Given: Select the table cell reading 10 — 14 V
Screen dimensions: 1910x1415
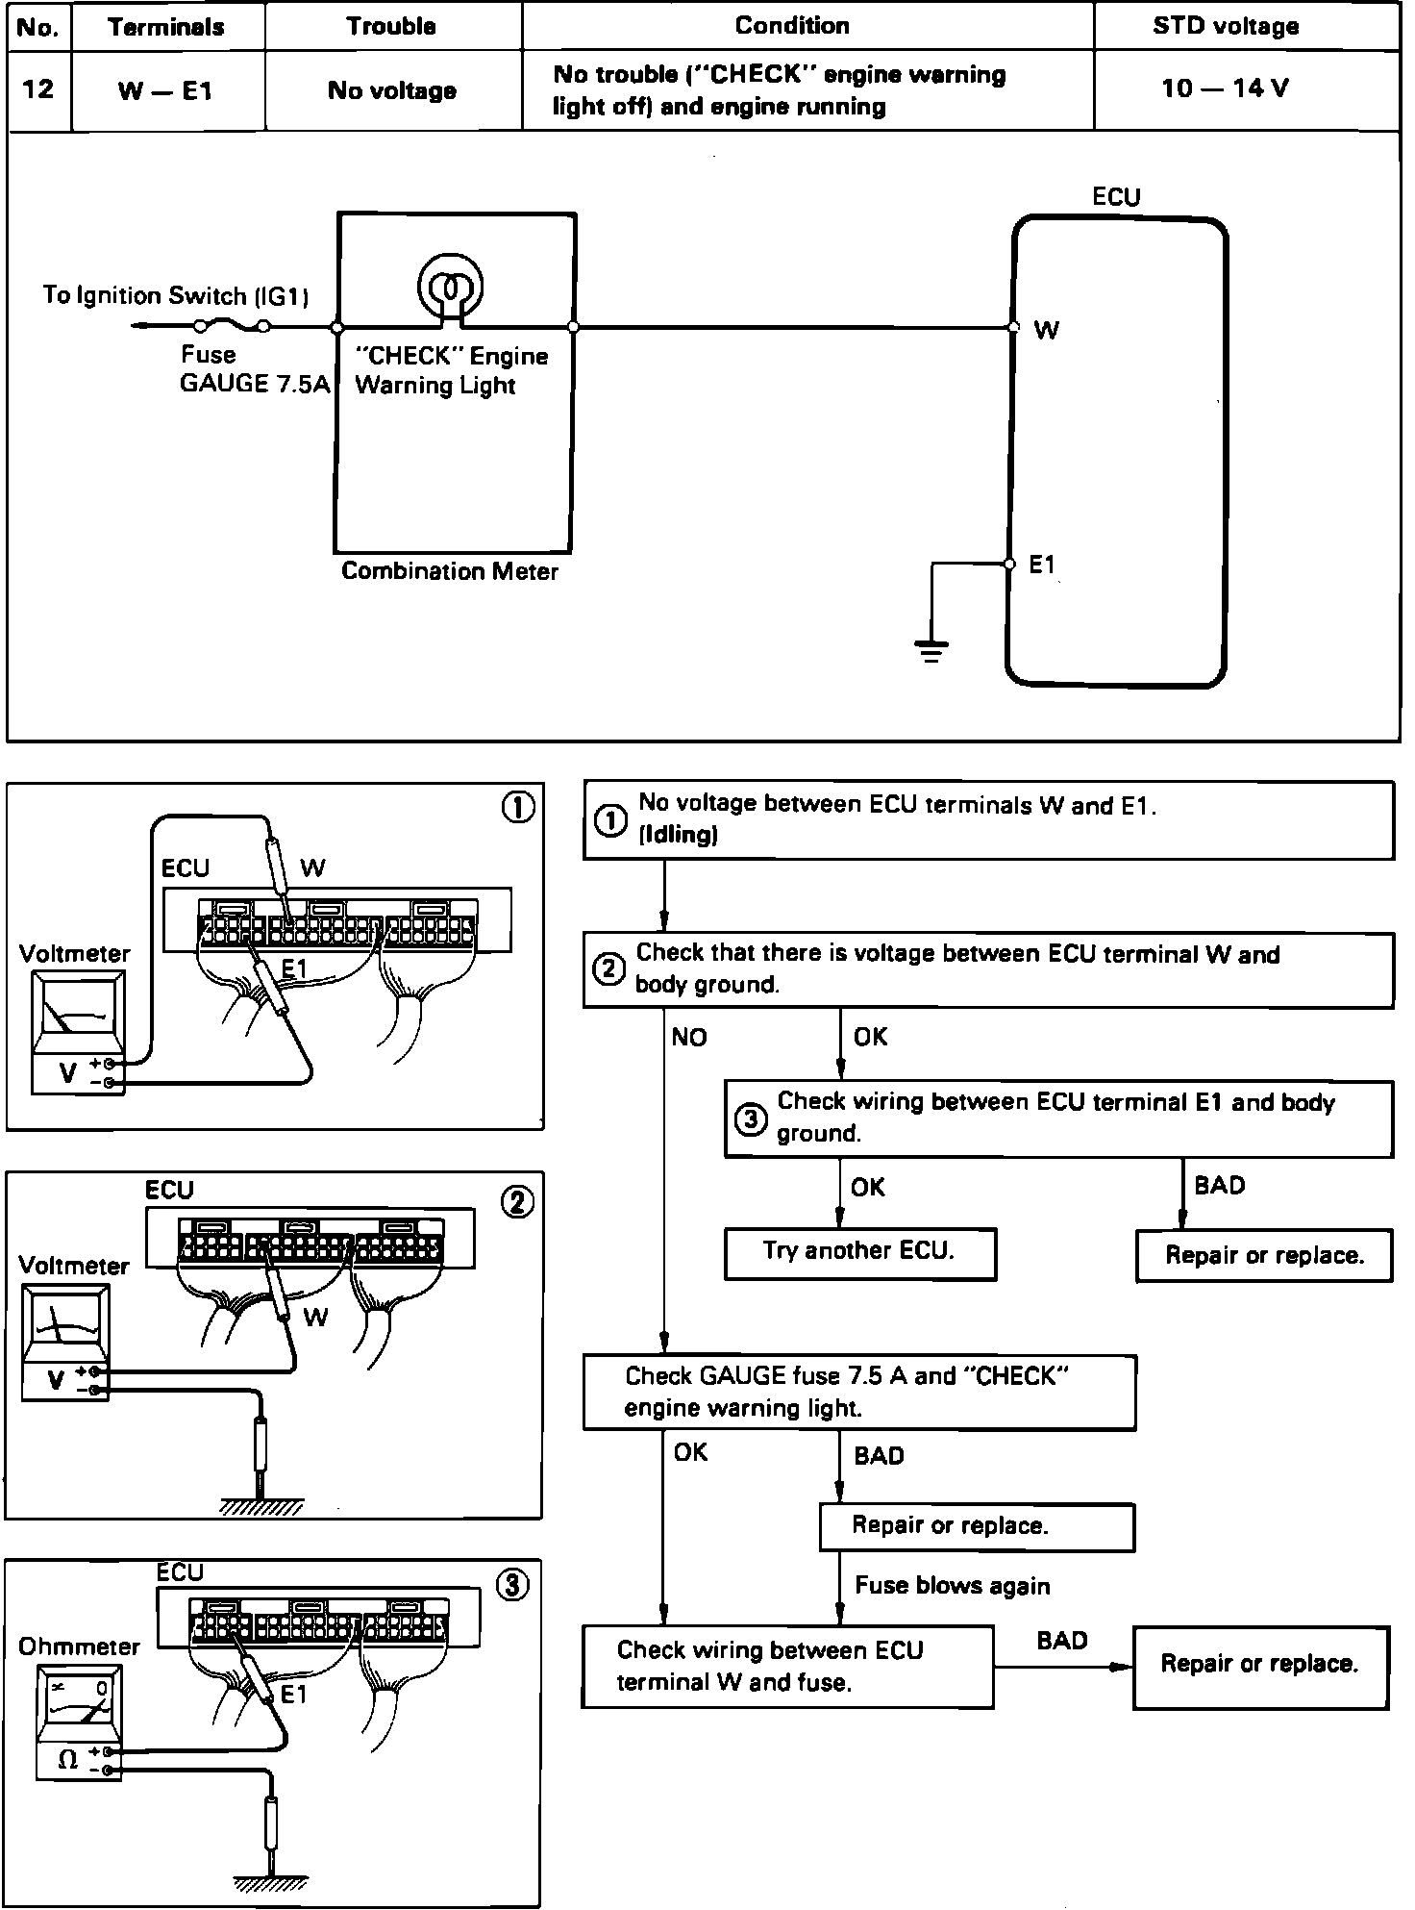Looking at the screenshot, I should point(1225,88).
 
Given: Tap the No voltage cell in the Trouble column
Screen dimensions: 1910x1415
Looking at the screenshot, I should point(391,90).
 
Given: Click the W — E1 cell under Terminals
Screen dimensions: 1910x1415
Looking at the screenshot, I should point(165,90).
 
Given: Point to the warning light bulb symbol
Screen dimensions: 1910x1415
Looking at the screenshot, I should point(449,285).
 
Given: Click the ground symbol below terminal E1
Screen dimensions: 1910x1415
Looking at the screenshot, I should point(931,650).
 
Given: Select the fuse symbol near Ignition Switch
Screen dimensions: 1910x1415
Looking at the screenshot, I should point(232,326).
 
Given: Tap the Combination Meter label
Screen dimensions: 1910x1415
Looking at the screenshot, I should point(449,571).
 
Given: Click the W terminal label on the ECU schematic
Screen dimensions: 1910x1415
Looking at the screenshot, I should point(1046,330).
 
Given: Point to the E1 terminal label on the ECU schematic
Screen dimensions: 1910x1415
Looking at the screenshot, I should point(1042,565).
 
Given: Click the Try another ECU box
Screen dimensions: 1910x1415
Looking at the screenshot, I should point(859,1251).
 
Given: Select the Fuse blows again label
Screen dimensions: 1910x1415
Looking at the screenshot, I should point(952,1586).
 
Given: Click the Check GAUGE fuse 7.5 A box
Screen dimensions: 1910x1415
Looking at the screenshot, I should point(858,1392).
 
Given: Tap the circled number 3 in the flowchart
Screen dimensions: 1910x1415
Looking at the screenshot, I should point(750,1118).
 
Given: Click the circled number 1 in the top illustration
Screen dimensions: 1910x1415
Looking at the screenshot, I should point(518,808).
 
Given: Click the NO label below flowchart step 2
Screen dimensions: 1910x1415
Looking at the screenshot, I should point(688,1037).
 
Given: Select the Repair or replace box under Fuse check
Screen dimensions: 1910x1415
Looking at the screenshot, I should point(976,1526).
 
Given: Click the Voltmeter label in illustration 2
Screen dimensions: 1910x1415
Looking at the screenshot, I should point(73,1266).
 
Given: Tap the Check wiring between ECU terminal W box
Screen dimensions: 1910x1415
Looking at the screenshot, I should point(786,1666).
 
